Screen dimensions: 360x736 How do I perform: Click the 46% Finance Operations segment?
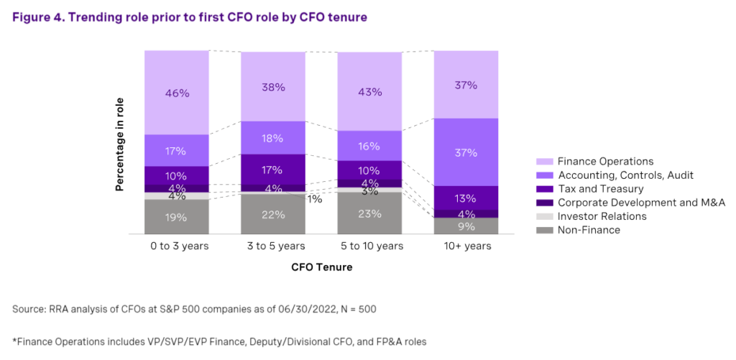(x=176, y=93)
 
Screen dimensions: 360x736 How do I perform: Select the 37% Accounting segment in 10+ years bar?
(x=466, y=152)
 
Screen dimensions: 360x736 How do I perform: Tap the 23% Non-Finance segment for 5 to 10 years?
(x=369, y=213)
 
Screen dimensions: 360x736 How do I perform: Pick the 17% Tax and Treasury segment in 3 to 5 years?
(x=273, y=171)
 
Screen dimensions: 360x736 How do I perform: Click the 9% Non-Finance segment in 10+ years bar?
(x=466, y=226)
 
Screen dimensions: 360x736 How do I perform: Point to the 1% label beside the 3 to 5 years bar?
(x=315, y=199)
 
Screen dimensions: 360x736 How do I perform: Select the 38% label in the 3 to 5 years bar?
(x=273, y=87)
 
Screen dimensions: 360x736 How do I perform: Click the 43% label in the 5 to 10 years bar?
(x=369, y=93)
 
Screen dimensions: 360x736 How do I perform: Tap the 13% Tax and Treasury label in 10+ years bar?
(x=466, y=198)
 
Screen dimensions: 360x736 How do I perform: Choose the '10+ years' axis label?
(x=466, y=246)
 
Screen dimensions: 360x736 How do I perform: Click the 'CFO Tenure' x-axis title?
(x=321, y=267)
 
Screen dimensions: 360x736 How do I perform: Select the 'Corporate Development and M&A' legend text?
(x=631, y=203)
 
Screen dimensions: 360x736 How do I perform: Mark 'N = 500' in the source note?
(x=357, y=309)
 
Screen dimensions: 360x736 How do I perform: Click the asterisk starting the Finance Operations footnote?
(x=14, y=341)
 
